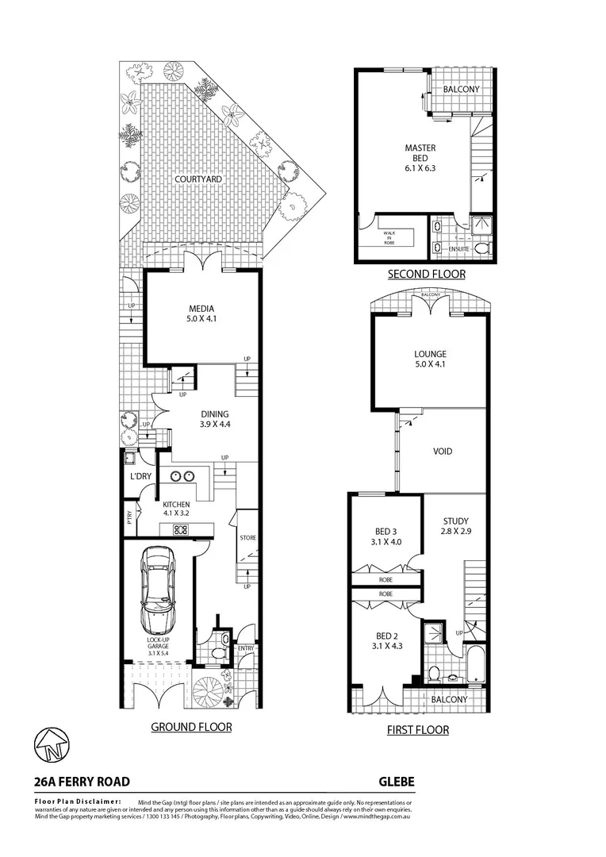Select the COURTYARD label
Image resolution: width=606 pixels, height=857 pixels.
198,180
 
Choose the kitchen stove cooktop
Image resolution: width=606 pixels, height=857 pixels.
180,530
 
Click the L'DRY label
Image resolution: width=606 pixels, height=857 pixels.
140,476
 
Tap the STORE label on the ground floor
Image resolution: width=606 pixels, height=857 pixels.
247,538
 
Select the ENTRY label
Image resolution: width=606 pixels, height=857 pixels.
246,649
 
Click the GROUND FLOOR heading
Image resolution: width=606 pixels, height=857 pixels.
191,726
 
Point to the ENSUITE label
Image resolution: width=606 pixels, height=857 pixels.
459,249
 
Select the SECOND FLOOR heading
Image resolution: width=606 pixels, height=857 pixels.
426,275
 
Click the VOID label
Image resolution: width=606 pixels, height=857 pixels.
443,452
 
